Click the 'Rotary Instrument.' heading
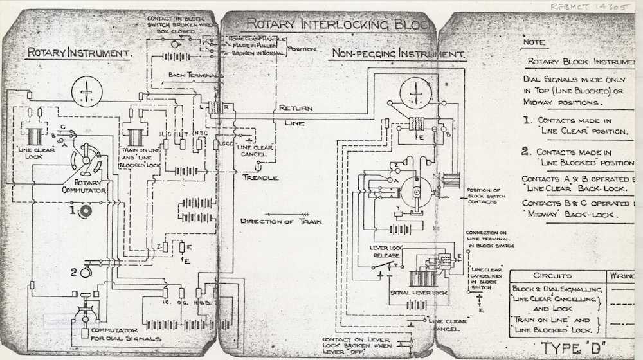click(x=79, y=53)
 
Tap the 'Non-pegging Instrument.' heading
click(x=397, y=55)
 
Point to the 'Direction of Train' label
click(x=282, y=222)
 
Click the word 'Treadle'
click(x=260, y=177)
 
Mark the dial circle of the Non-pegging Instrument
click(x=415, y=94)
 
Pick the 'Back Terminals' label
click(x=195, y=75)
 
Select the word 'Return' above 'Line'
click(x=295, y=109)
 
